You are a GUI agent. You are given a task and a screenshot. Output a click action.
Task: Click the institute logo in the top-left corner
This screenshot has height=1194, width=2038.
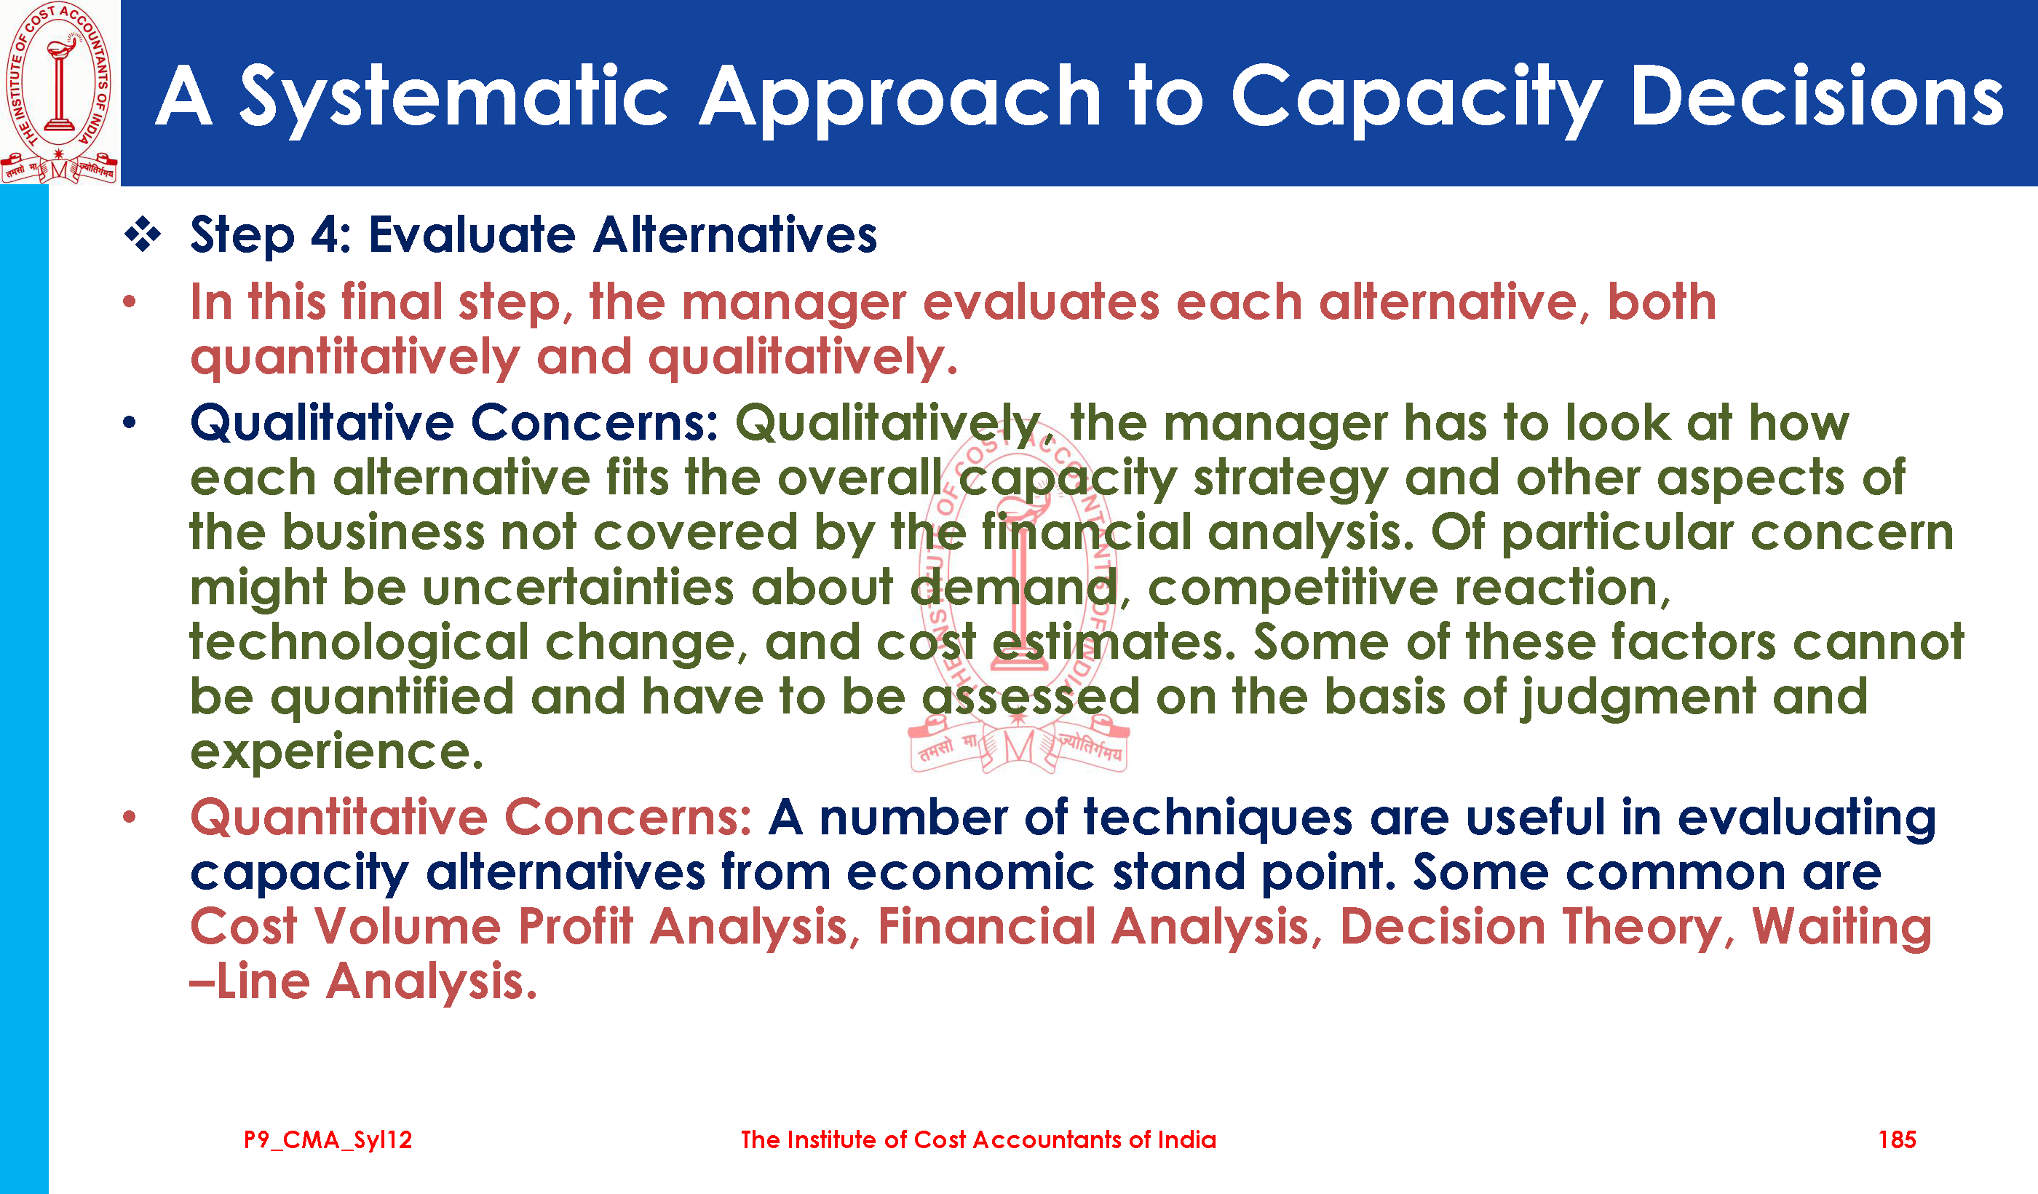(x=60, y=92)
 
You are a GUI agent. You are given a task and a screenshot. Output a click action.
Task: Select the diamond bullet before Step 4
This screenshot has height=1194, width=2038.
(x=143, y=235)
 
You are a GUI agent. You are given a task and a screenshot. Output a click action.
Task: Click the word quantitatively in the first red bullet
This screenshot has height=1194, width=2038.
(x=355, y=357)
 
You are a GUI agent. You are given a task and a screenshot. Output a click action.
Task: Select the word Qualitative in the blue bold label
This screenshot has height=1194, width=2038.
(x=322, y=423)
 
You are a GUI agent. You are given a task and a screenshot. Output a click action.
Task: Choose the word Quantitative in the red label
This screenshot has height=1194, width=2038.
(x=338, y=818)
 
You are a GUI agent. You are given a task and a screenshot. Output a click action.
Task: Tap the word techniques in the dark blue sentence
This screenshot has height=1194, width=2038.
(x=1218, y=818)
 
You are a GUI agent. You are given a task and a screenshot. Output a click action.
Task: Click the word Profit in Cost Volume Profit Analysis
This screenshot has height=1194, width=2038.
(x=575, y=926)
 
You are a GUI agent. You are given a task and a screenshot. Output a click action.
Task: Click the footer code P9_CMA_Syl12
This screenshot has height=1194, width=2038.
(x=328, y=1141)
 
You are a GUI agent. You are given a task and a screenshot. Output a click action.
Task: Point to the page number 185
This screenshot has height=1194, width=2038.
(x=1897, y=1140)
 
